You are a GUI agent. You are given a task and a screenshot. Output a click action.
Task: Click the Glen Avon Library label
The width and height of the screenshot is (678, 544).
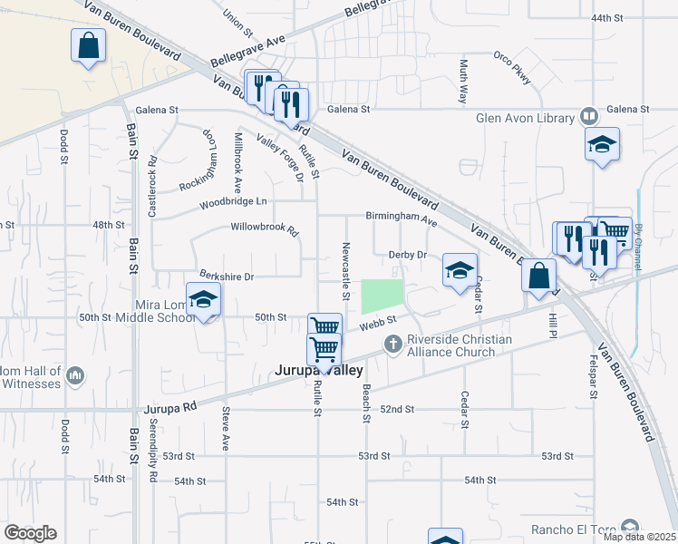pos(525,118)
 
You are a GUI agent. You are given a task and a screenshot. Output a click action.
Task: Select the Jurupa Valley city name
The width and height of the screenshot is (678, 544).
pos(319,371)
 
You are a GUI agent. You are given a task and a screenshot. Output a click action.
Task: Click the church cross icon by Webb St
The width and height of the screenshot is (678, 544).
pos(393,343)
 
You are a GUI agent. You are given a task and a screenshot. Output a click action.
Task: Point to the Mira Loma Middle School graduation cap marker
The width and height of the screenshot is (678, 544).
pos(203,300)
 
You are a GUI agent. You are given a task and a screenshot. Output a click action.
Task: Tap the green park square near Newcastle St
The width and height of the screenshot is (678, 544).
pos(382,296)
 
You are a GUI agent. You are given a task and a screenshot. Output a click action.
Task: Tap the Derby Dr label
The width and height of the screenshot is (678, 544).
pos(407,256)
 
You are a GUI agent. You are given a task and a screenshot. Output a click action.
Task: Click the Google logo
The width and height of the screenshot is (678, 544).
pos(30,533)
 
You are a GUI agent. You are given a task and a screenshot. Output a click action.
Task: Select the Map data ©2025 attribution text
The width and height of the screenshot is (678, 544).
pos(639,537)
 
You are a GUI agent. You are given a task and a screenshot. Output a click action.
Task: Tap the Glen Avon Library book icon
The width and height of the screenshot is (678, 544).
pos(589,117)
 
